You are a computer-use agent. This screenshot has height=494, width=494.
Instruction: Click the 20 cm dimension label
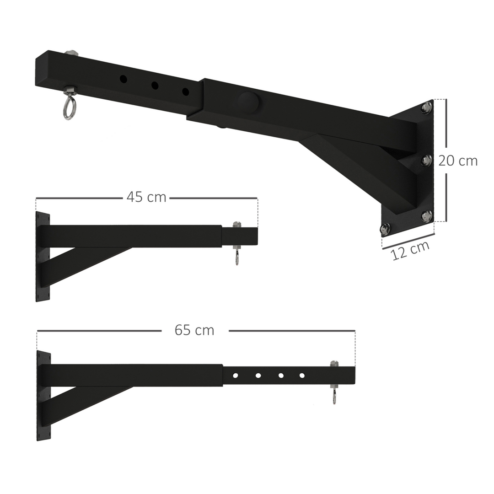pyautogui.click(x=457, y=161)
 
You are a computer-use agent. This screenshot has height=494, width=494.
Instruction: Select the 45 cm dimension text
pyautogui.click(x=146, y=197)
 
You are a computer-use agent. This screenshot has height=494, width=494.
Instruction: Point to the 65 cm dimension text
pyautogui.click(x=194, y=330)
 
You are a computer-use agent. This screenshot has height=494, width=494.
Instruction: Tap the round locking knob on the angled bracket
pyautogui.click(x=248, y=102)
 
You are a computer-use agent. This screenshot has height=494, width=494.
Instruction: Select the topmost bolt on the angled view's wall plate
pyautogui.click(x=426, y=107)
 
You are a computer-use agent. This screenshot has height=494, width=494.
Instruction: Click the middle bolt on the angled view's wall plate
pyautogui.click(x=426, y=160)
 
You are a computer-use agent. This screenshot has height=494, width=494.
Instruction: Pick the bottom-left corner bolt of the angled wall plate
pyautogui.click(x=385, y=228)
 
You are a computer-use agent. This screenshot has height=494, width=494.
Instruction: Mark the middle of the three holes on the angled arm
pyautogui.click(x=155, y=86)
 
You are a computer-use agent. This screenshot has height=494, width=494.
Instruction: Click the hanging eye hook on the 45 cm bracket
pyautogui.click(x=236, y=257)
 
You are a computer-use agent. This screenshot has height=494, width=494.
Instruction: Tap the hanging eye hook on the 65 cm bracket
pyautogui.click(x=334, y=396)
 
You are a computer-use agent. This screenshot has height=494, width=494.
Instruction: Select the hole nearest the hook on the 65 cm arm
pyautogui.click(x=302, y=376)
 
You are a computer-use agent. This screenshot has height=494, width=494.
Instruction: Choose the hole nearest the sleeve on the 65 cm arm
pyautogui.click(x=235, y=376)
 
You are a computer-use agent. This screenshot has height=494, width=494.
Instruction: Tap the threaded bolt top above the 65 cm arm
pyautogui.click(x=334, y=364)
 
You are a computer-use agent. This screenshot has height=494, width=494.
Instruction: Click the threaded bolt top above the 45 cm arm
pyautogui.click(x=236, y=225)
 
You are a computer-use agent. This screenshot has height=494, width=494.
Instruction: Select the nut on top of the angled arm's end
pyautogui.click(x=71, y=54)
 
